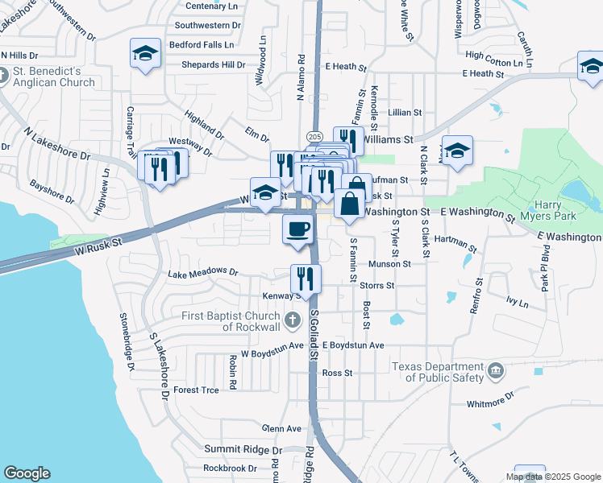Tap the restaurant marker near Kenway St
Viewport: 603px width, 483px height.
point(306,279)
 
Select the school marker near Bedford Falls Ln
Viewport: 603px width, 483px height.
point(146,54)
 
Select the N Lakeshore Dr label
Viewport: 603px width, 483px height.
point(56,142)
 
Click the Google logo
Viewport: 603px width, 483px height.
point(27,473)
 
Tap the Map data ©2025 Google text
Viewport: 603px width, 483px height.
point(552,477)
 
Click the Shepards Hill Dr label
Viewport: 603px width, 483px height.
point(213,64)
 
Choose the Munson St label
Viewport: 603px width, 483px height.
point(389,263)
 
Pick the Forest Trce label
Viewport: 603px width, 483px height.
point(196,390)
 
